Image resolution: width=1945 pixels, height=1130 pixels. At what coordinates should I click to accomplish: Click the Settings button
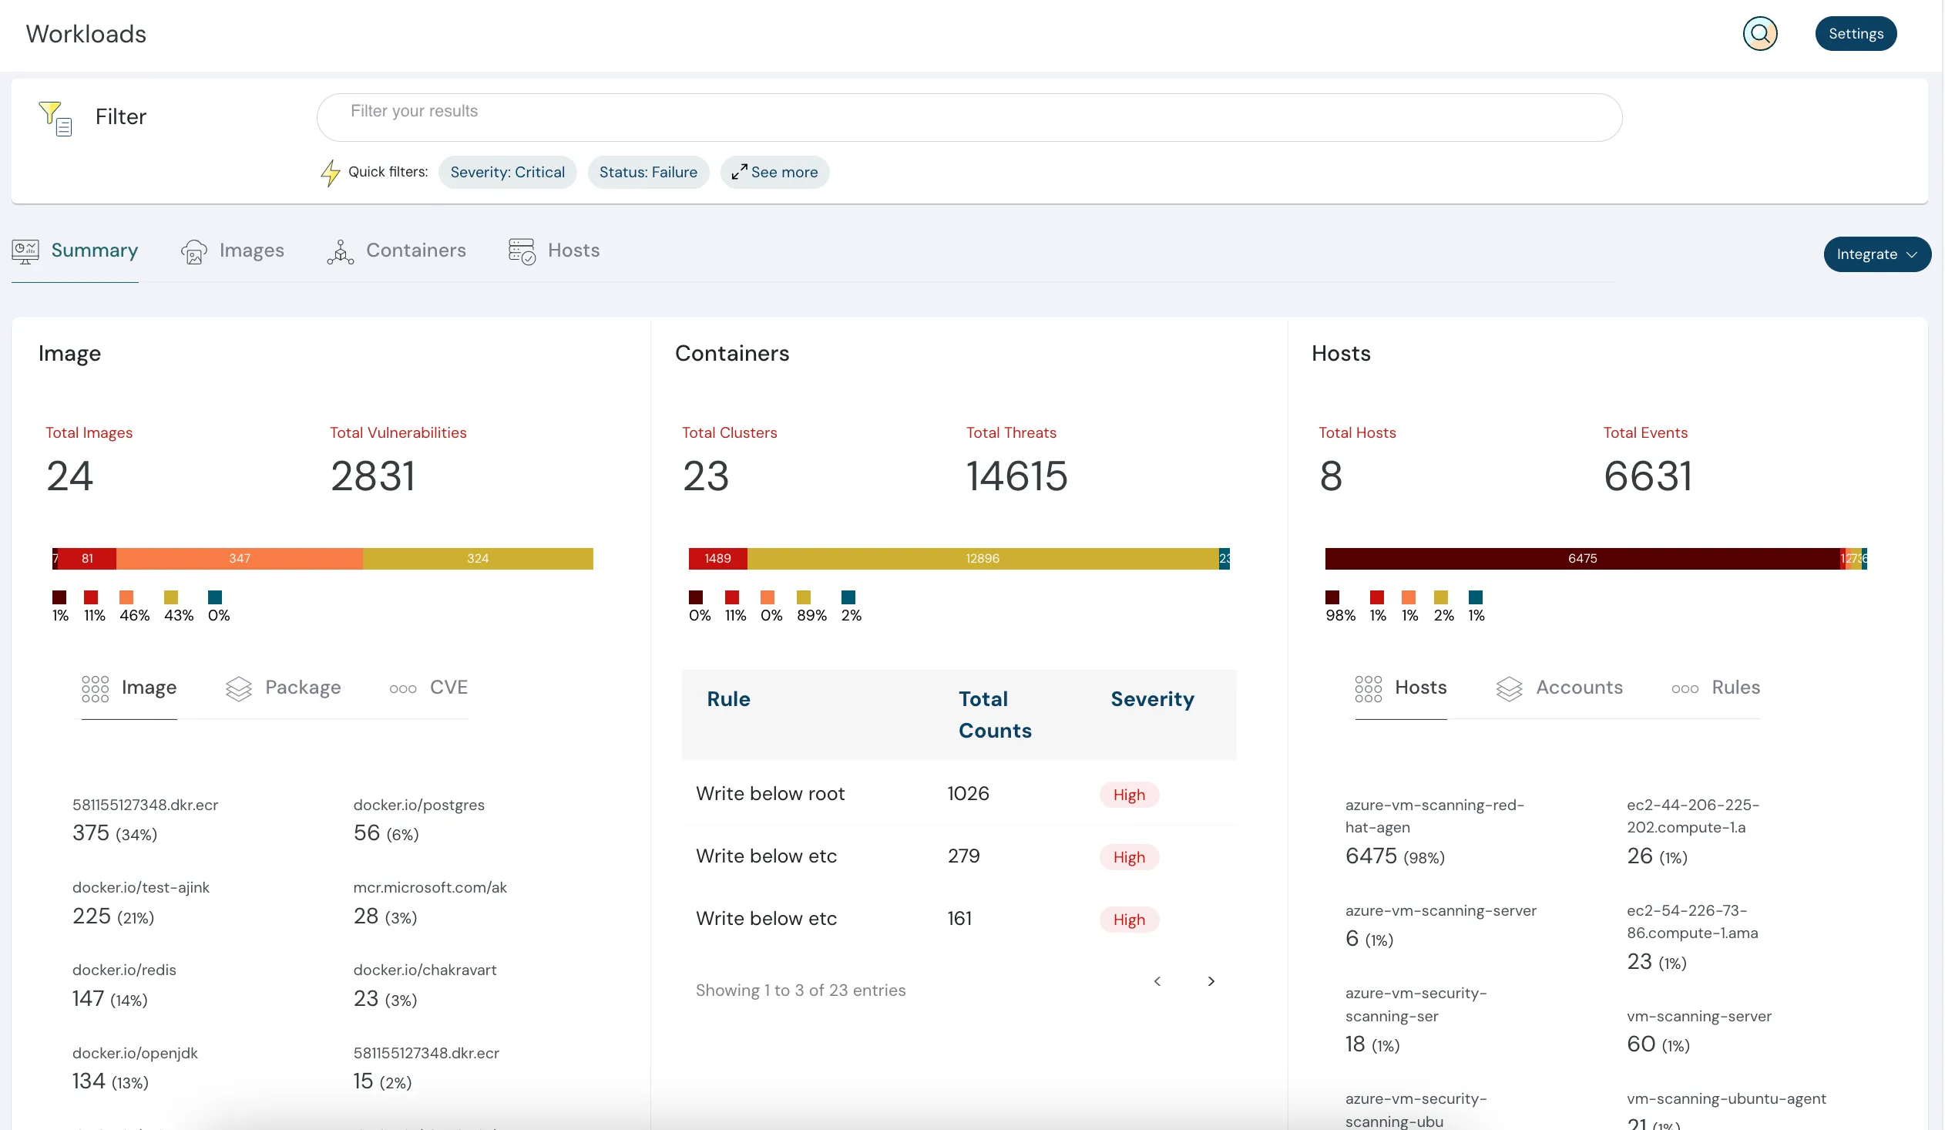(x=1855, y=33)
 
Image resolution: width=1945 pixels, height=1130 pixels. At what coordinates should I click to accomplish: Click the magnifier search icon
(x=1759, y=33)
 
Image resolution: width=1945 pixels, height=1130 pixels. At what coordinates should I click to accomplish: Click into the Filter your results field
(x=969, y=117)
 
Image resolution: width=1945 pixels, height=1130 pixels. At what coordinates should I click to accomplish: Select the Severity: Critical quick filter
(x=507, y=172)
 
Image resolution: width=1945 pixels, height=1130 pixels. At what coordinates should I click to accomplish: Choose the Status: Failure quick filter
(x=647, y=172)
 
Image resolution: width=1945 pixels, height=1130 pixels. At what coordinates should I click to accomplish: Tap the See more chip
(x=775, y=172)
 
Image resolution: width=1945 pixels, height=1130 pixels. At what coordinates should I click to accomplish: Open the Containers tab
(x=397, y=251)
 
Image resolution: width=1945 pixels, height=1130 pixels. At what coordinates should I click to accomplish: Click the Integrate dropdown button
(x=1876, y=254)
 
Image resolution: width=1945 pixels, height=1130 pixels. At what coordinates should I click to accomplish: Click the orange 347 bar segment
(x=239, y=558)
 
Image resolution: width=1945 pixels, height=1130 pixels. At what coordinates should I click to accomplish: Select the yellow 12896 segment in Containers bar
(x=982, y=558)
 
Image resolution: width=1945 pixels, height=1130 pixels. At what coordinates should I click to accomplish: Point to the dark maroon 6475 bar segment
(x=1581, y=558)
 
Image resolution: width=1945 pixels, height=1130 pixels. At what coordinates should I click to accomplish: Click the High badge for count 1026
(x=1128, y=795)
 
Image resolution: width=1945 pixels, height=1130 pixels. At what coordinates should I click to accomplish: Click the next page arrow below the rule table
(x=1210, y=981)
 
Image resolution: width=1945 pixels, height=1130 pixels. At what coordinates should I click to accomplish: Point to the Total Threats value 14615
(x=1016, y=476)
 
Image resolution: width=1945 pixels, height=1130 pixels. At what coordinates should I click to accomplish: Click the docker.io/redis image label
(x=124, y=970)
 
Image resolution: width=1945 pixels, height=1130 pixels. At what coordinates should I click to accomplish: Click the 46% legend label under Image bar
(x=134, y=615)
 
